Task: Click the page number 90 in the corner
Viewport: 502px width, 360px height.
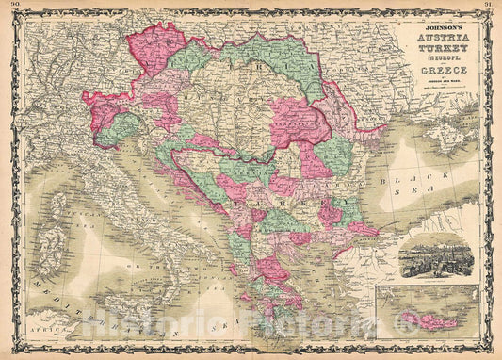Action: tap(8, 6)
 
